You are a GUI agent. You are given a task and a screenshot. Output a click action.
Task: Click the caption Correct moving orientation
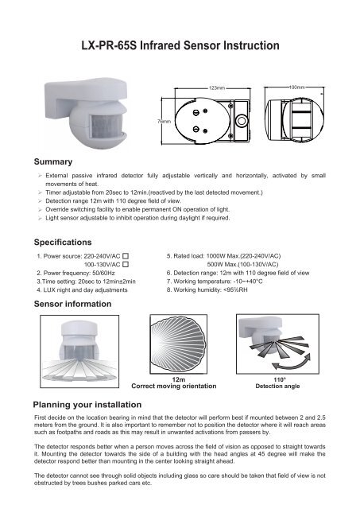click(x=179, y=387)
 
